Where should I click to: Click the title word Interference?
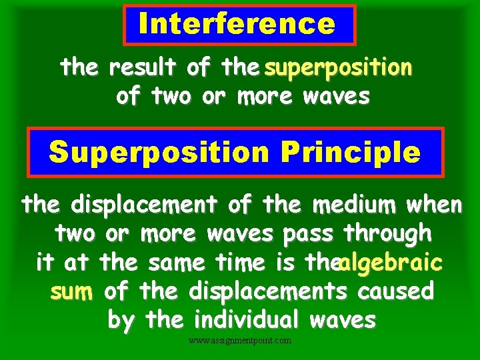point(237,24)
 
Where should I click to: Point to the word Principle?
point(351,153)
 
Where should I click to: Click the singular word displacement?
point(144,205)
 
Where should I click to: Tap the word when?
point(434,205)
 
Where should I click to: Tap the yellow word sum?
point(71,291)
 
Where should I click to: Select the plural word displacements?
point(268,291)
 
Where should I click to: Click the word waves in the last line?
point(343,320)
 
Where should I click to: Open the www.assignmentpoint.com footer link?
point(240,341)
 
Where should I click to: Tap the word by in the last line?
point(120,320)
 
